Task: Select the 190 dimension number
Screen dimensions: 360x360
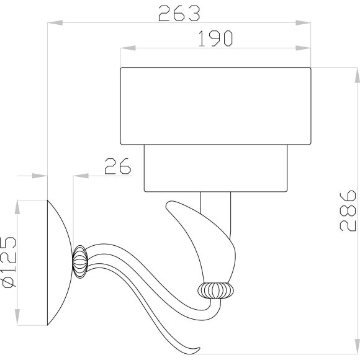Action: tap(215, 38)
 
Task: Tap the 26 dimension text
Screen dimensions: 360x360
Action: tap(117, 167)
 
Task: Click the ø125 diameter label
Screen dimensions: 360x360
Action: tap(9, 263)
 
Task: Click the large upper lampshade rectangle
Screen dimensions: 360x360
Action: tap(215, 106)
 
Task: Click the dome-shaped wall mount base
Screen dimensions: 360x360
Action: tap(60, 263)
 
